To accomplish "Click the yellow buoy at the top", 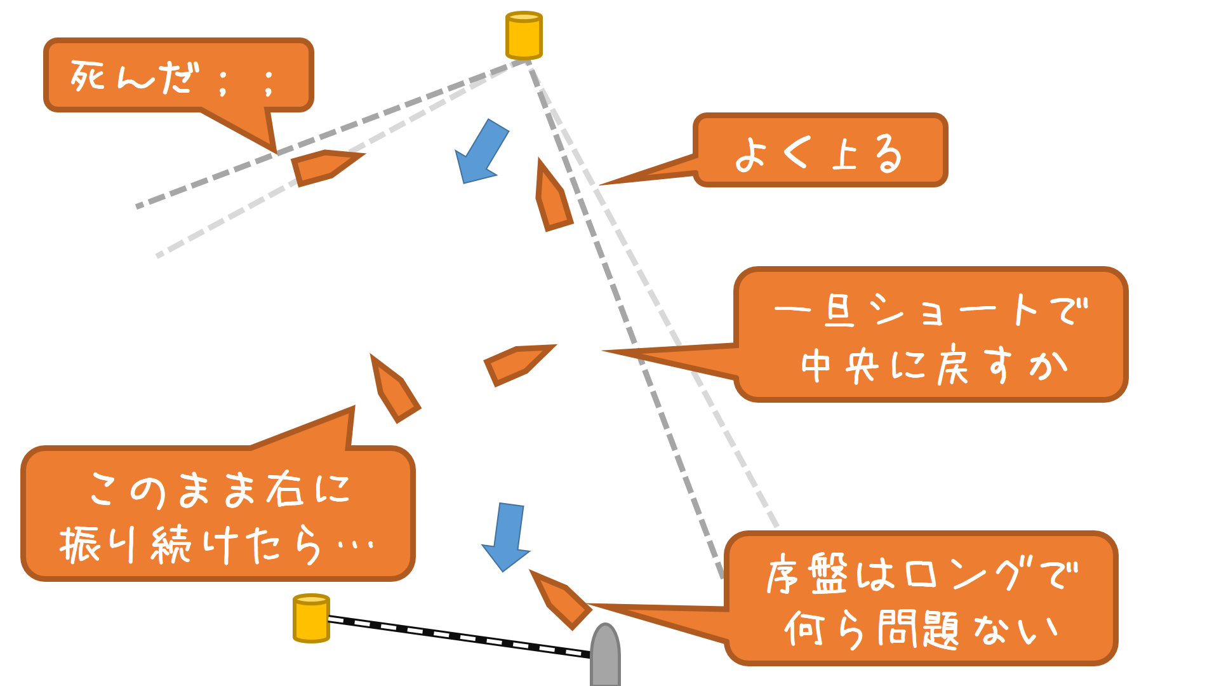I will [x=524, y=36].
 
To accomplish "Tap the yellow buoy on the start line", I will [x=311, y=618].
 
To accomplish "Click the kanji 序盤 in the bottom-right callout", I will [x=807, y=575].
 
